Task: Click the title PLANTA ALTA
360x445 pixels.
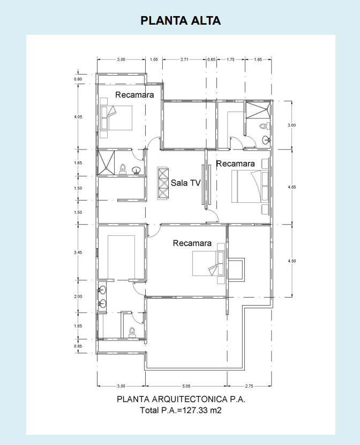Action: [181, 21]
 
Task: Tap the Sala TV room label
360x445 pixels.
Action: [186, 183]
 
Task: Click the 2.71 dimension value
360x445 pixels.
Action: [184, 60]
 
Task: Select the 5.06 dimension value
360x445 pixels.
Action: [186, 386]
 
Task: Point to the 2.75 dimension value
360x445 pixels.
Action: [249, 386]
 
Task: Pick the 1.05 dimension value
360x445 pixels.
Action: [154, 60]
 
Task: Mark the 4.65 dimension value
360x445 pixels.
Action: [292, 187]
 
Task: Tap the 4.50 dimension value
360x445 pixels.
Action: [292, 261]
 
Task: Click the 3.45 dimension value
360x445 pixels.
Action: [78, 253]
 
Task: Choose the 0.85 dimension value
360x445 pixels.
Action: [78, 346]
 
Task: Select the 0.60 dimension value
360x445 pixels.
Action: [78, 79]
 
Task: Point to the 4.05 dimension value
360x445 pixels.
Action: [78, 117]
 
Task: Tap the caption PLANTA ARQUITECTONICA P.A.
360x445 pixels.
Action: [181, 399]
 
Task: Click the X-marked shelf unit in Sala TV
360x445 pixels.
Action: [163, 183]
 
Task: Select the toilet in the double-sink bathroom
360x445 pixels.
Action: [132, 332]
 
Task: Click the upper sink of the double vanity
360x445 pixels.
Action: [102, 291]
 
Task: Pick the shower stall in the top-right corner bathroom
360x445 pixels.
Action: [257, 110]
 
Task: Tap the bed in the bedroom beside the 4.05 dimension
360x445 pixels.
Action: [116, 118]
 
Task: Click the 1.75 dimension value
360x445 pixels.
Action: [230, 60]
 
